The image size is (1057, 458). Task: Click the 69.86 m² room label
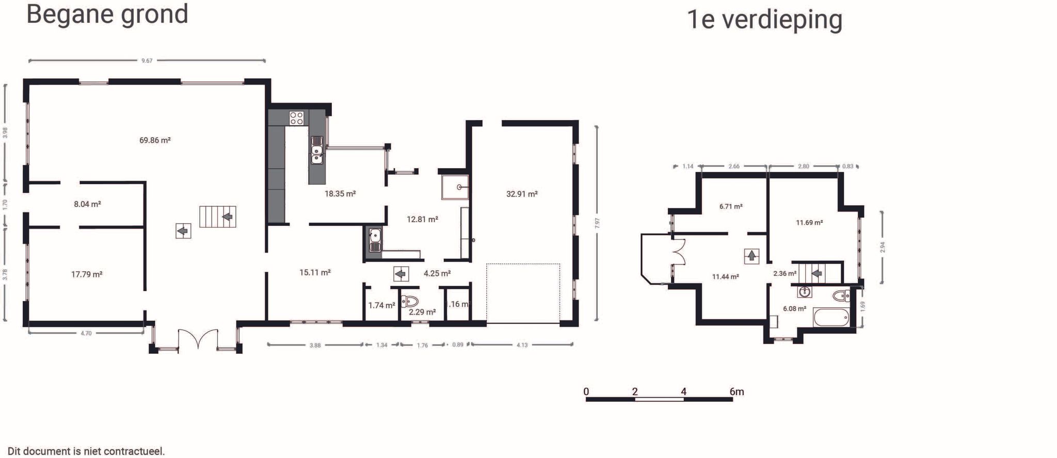point(155,140)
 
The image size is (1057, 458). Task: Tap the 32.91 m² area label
point(522,194)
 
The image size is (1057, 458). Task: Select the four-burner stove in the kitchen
point(296,118)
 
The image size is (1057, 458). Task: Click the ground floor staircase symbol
point(218,217)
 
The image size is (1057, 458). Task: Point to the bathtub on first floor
point(831,317)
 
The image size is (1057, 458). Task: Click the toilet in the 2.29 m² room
point(410,301)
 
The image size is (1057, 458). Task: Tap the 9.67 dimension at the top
point(147,61)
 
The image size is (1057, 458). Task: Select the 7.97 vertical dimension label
point(597,223)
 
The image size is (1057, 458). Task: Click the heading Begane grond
point(107,14)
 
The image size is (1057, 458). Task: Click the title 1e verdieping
point(764,20)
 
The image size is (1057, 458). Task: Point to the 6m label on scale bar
point(736,392)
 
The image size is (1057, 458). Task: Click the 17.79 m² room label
point(87,274)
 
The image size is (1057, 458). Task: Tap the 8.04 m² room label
point(87,204)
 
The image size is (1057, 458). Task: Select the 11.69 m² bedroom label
point(809,223)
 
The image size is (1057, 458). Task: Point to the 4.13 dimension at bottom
point(522,345)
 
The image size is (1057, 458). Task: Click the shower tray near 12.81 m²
point(455,187)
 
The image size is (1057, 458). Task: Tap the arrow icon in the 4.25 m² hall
point(401,274)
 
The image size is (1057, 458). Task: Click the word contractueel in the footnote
point(134,451)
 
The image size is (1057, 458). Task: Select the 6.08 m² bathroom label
point(794,309)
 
